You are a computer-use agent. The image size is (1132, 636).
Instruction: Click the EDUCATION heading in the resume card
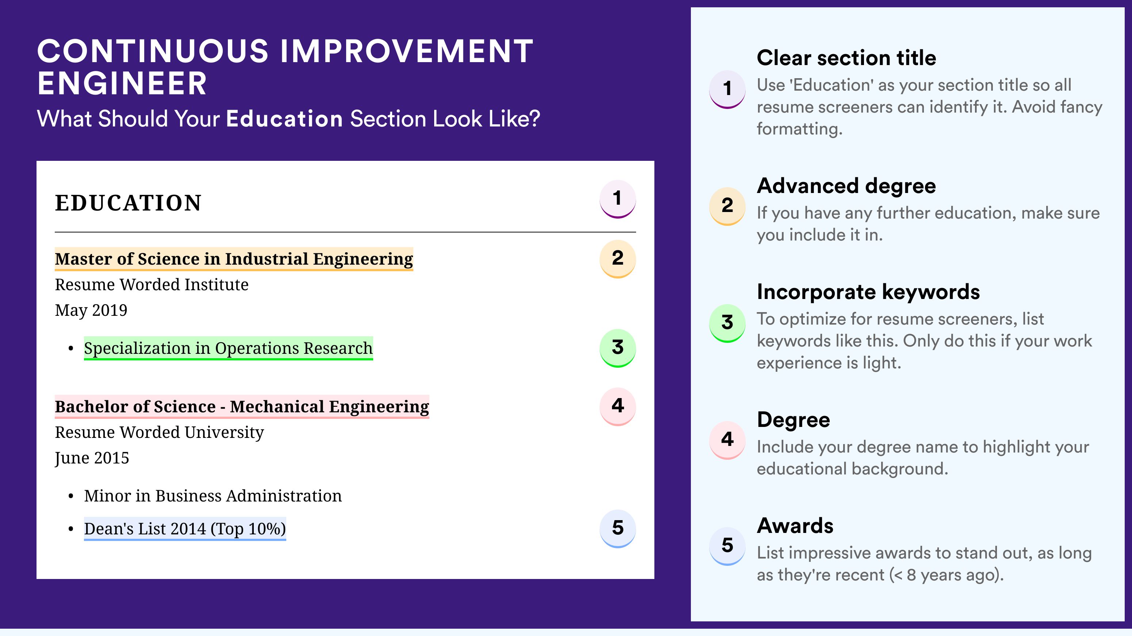(x=128, y=203)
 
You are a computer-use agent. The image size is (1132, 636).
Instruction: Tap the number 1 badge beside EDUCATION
(x=617, y=199)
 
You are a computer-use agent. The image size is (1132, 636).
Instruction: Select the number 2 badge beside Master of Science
(x=617, y=259)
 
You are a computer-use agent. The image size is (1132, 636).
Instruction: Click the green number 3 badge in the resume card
(x=617, y=348)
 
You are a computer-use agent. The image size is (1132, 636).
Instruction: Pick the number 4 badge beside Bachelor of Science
(x=617, y=406)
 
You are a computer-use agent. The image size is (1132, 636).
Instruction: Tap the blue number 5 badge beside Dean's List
(x=617, y=529)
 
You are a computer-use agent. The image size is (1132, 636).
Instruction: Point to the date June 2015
(x=92, y=458)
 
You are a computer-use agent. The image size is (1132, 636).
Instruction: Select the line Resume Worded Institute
(x=152, y=285)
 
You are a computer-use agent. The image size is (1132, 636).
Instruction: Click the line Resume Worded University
(x=159, y=432)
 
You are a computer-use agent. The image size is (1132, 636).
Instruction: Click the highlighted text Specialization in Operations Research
(x=228, y=348)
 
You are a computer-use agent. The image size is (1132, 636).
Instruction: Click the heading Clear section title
(x=846, y=58)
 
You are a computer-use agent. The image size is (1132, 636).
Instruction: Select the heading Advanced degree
(x=846, y=186)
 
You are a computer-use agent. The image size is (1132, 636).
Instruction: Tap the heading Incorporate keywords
(x=868, y=292)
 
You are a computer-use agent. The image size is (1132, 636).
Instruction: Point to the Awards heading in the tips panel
(x=795, y=526)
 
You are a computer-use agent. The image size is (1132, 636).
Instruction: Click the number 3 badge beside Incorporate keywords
(x=727, y=323)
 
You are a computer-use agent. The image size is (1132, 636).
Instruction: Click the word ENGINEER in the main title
(x=122, y=84)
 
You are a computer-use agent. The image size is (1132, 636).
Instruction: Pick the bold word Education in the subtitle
(x=284, y=119)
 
